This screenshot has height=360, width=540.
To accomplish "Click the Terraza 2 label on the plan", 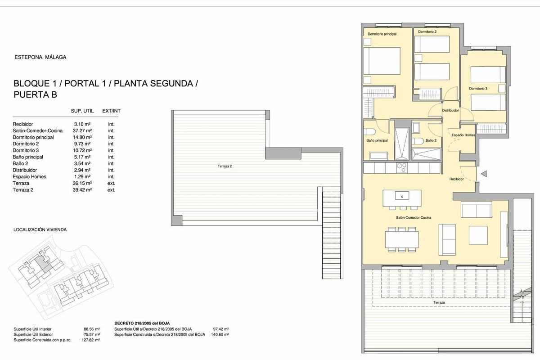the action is click(x=225, y=166).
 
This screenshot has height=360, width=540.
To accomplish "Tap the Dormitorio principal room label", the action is click(x=382, y=34).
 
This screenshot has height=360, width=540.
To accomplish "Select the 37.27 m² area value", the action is click(x=82, y=130).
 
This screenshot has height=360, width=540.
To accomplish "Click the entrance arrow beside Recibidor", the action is click(x=484, y=174).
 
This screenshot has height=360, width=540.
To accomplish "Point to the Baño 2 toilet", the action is click(x=418, y=141).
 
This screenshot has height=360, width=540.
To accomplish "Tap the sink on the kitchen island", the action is click(x=402, y=195).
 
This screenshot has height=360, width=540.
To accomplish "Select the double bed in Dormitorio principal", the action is click(x=382, y=61).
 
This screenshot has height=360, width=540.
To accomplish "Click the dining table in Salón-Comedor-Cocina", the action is click(x=401, y=239).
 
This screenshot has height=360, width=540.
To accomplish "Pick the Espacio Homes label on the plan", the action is click(x=463, y=135).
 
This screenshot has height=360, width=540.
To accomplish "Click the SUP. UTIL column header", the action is click(x=82, y=111).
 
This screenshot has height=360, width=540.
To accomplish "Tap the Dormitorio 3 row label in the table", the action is click(x=26, y=150).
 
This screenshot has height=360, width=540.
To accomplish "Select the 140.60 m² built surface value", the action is click(x=220, y=334).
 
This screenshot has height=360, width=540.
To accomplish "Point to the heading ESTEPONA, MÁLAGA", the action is click(x=40, y=57).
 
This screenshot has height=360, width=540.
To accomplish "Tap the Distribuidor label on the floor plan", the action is click(x=450, y=110).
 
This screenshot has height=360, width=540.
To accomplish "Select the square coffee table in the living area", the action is click(x=478, y=235).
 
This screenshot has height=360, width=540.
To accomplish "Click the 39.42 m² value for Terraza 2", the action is click(x=82, y=190).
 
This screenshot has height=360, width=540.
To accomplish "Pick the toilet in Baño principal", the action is click(x=370, y=132).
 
